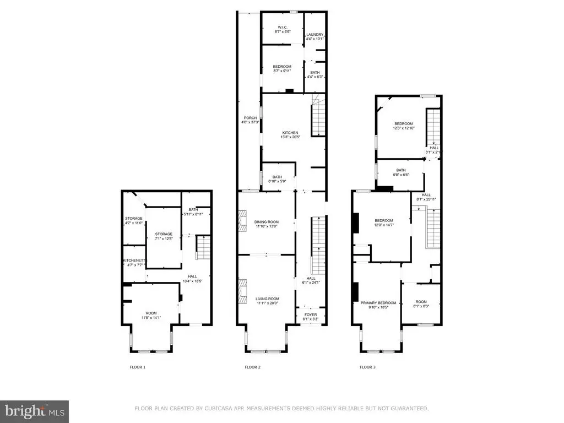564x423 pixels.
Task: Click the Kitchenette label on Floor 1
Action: pyautogui.click(x=133, y=262)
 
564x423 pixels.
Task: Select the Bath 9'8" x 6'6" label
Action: pyautogui.click(x=400, y=173)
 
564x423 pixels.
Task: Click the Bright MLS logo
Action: pyautogui.click(x=34, y=411)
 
